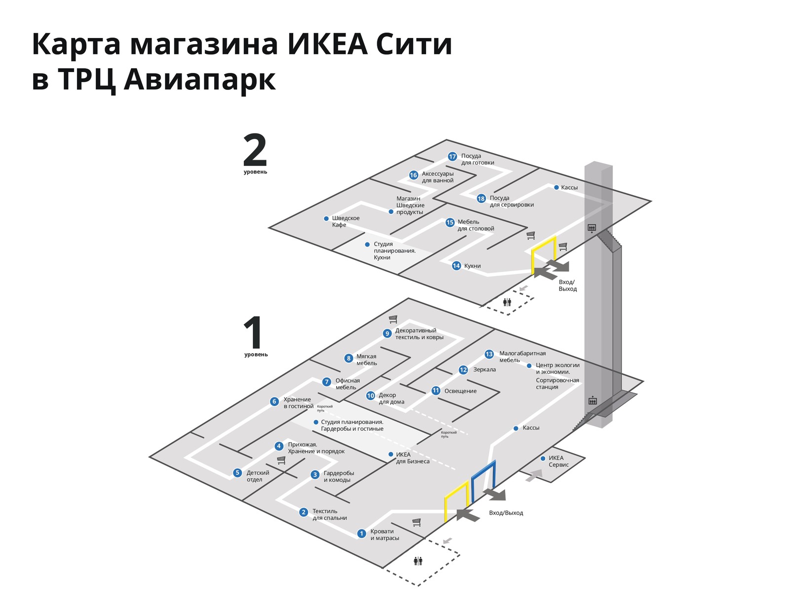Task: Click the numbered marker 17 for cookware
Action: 452,157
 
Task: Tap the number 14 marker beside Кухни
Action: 456,266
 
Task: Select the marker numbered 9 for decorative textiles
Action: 387,333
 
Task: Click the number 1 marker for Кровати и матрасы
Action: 361,533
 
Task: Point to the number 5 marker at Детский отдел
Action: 237,473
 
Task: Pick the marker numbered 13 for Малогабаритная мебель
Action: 489,354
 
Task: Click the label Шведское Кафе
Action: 345,221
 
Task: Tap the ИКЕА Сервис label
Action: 558,461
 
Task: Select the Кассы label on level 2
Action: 569,188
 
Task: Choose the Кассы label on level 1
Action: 531,428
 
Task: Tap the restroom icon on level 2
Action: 507,302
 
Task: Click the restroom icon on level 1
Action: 418,561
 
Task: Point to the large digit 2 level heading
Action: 255,151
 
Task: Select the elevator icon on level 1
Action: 592,401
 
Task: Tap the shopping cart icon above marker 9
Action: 393,319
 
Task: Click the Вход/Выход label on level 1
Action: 506,513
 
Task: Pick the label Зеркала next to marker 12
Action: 484,369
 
